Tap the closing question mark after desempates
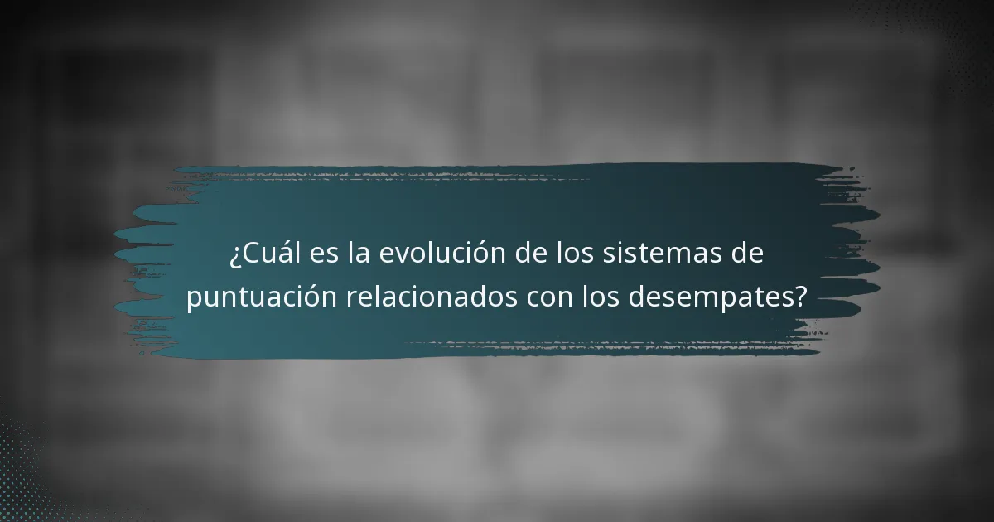tap(800, 297)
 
